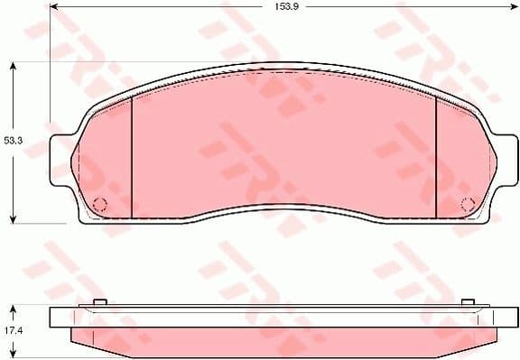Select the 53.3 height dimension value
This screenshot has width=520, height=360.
[12, 141]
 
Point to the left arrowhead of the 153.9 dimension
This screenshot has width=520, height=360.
[55, 7]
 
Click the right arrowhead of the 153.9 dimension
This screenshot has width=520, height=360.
[513, 7]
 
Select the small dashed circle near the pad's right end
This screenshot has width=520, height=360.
[468, 203]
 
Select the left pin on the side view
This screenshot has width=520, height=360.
[100, 302]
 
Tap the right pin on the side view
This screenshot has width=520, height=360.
[468, 302]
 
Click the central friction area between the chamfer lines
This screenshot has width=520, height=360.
[284, 144]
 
